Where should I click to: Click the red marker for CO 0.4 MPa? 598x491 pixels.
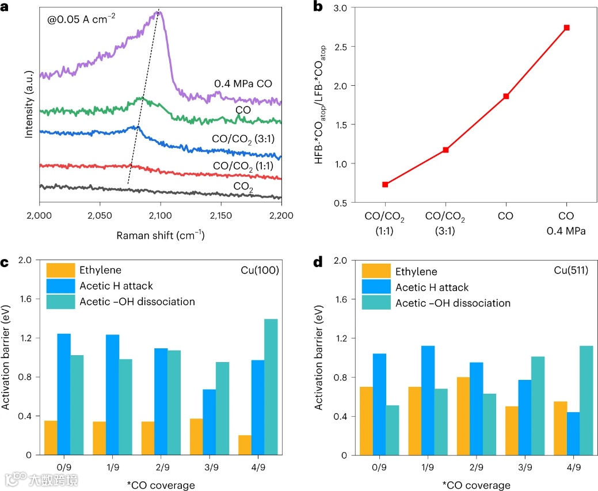coord(567,28)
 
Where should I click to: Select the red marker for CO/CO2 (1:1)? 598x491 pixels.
coord(385,184)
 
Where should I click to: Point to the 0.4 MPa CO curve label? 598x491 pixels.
coord(243,84)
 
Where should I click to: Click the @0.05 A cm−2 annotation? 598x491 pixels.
coord(82,18)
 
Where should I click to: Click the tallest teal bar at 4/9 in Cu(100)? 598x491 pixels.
coord(254,387)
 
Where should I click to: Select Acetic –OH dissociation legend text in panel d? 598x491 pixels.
coord(453,303)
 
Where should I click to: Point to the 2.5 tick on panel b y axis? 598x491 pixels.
coord(341,47)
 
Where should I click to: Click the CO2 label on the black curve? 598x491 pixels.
coord(245,186)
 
